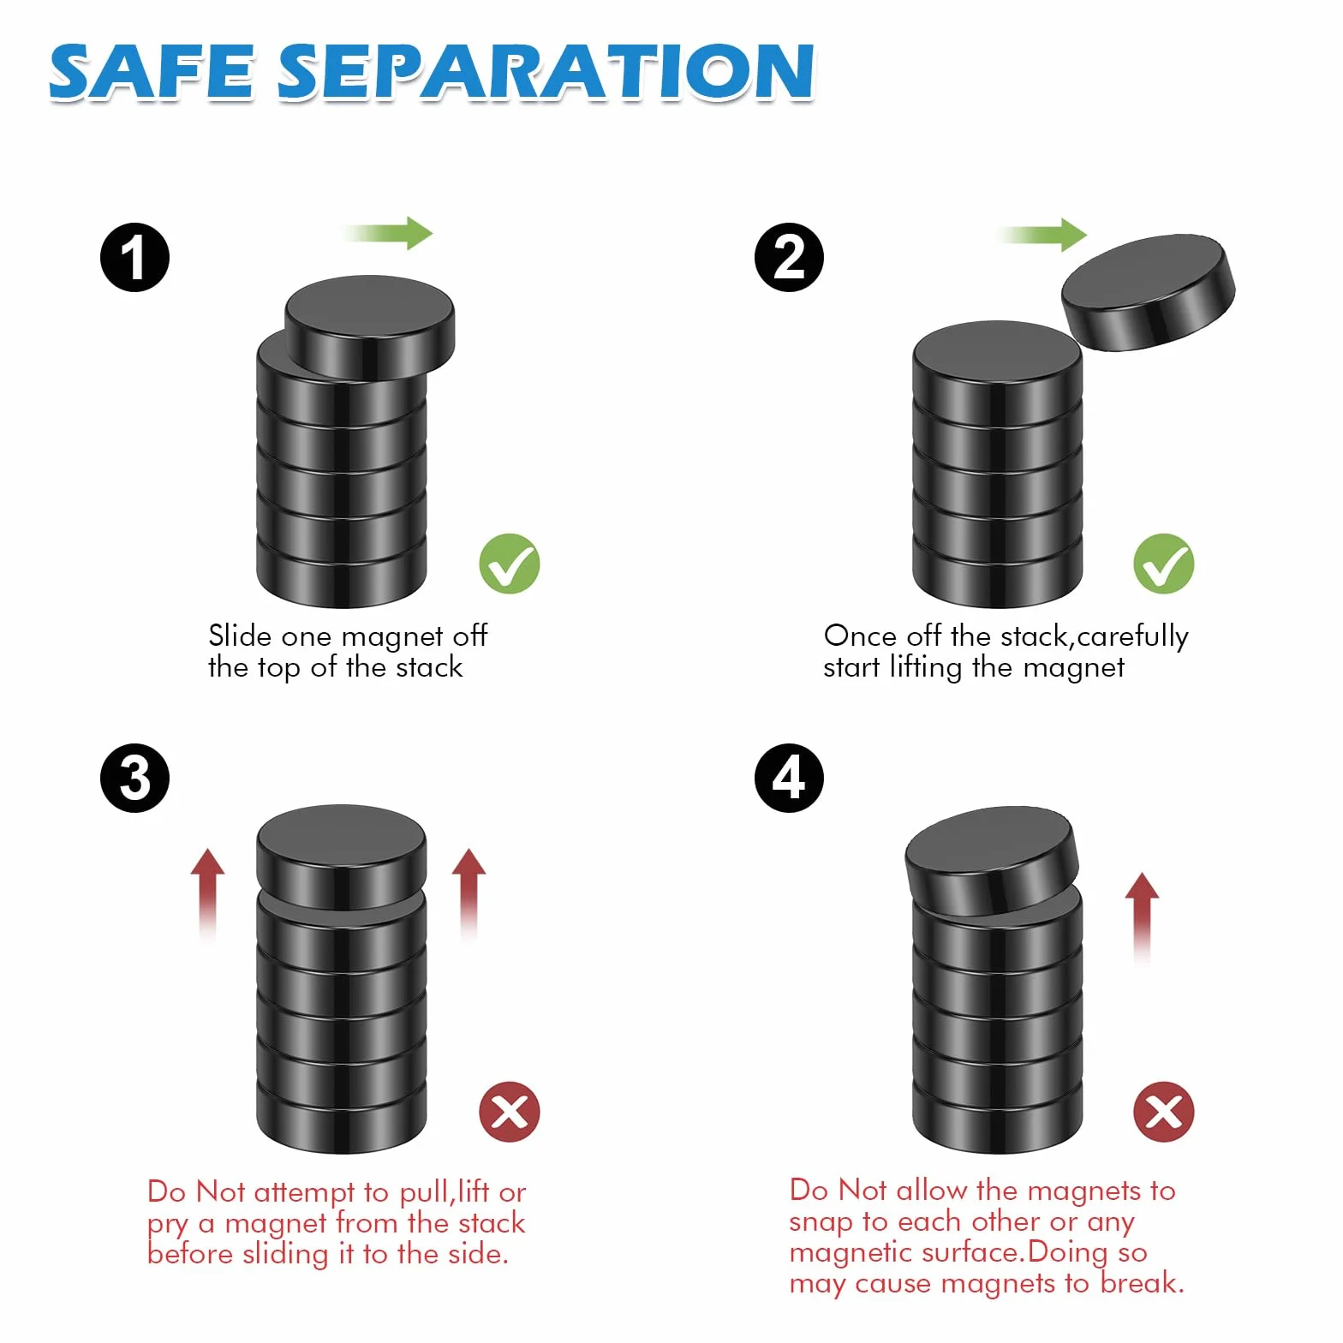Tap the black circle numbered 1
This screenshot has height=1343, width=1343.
134,258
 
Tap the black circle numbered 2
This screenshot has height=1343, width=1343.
789,258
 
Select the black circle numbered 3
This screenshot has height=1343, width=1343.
134,778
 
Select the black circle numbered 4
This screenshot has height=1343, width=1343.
789,778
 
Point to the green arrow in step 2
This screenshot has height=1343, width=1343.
1042,234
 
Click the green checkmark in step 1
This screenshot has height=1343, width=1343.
510,564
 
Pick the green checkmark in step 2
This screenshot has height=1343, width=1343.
1164,564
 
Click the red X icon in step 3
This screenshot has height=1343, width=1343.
510,1112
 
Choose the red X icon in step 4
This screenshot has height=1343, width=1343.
1164,1112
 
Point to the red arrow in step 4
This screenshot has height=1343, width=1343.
1142,918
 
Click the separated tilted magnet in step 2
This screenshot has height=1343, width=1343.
1149,292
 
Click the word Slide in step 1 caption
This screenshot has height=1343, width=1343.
241,636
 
